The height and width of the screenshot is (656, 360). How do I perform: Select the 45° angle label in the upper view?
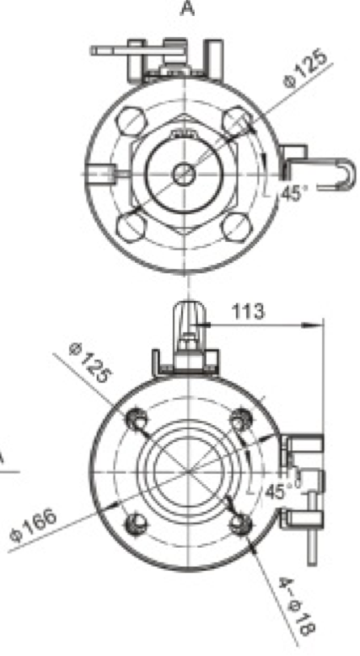291,193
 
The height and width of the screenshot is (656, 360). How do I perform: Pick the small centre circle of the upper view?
184,175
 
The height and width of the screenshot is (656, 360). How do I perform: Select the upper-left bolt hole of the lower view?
134,419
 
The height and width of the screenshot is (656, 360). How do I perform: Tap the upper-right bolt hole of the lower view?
242,418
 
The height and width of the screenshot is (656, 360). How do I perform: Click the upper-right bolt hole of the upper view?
238,125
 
